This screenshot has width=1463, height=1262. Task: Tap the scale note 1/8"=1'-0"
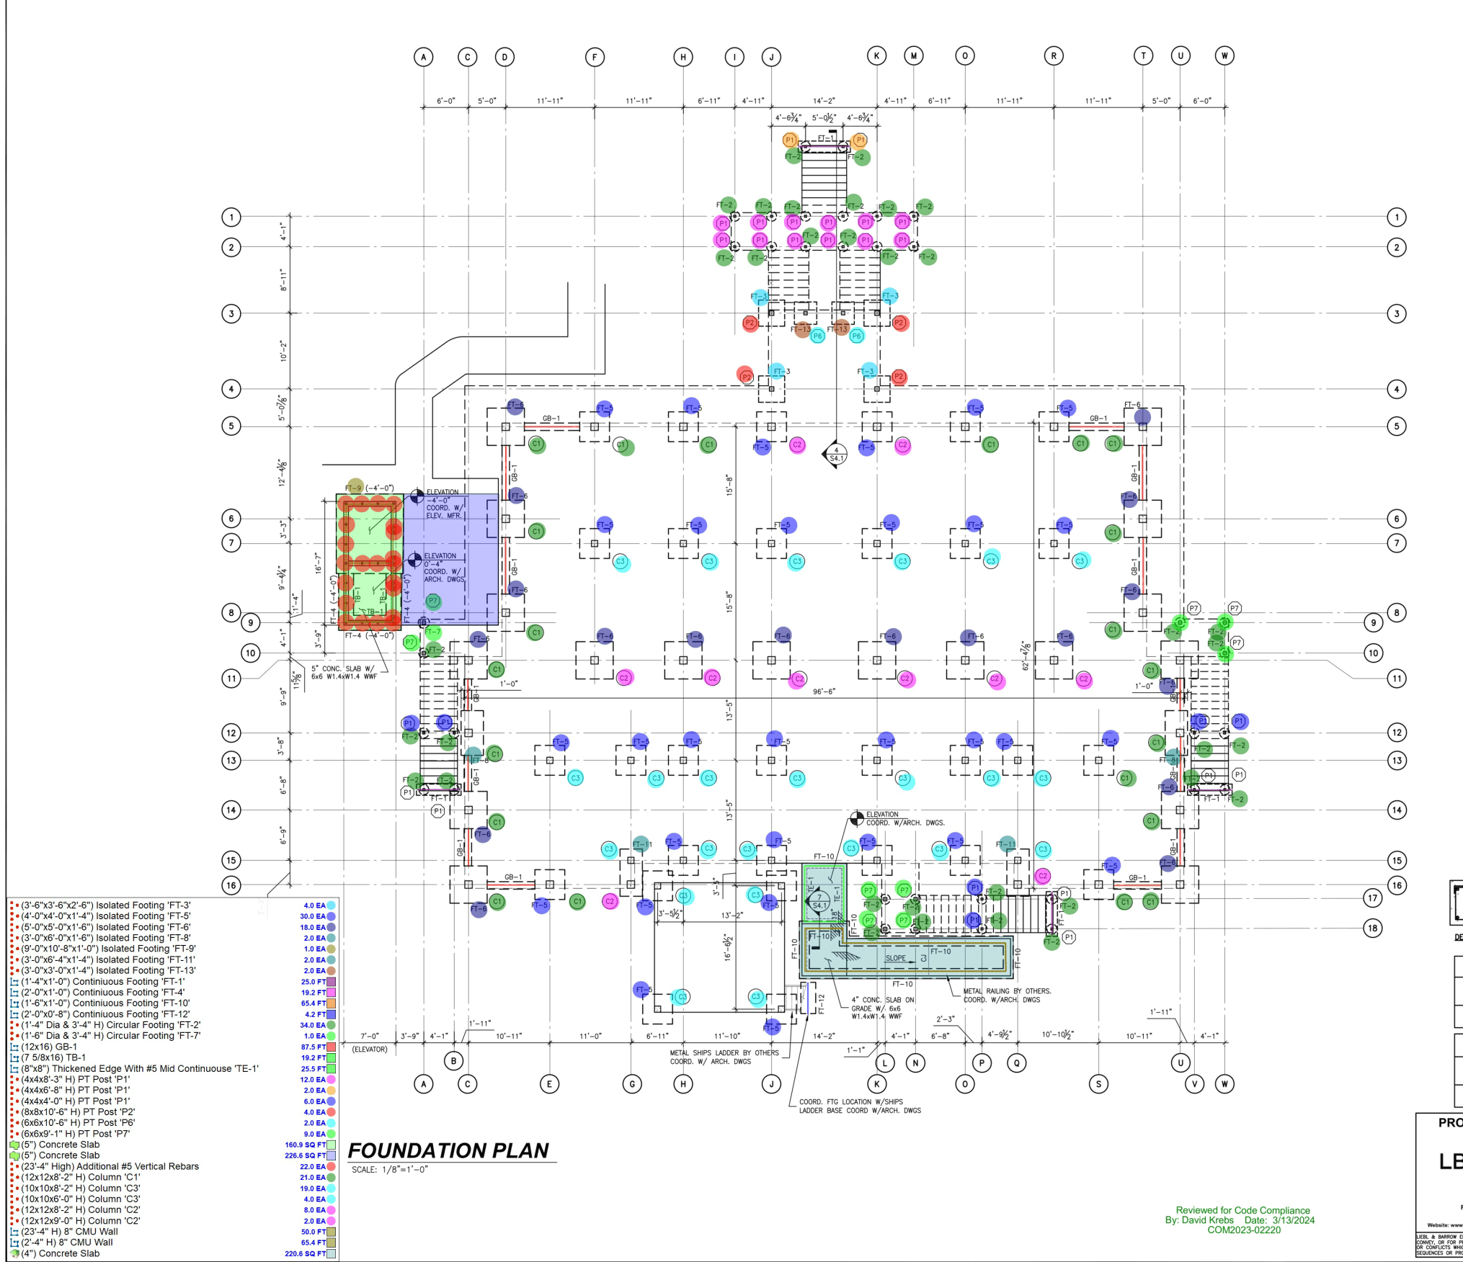(x=390, y=1170)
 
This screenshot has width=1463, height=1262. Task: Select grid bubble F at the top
(x=595, y=57)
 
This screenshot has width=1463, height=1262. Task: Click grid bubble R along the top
(x=1054, y=56)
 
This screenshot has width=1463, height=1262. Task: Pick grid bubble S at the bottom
(x=1098, y=1084)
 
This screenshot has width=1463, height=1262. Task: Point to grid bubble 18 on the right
(x=1373, y=928)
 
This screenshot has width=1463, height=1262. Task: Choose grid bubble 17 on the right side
(x=1373, y=898)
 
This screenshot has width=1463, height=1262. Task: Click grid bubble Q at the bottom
(x=1017, y=1062)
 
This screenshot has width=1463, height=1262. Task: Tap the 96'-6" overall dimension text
(x=824, y=692)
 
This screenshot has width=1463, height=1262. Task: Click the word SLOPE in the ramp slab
(x=896, y=958)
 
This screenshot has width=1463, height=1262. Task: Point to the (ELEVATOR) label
(x=370, y=1050)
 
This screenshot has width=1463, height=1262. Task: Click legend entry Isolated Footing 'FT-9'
(x=108, y=949)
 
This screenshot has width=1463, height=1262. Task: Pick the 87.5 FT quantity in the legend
(x=313, y=1047)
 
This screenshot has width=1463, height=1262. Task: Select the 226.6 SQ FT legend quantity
(x=305, y=1155)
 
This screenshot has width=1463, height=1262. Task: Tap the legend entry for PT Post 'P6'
(x=78, y=1122)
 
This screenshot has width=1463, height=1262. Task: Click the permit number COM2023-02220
(x=1244, y=1230)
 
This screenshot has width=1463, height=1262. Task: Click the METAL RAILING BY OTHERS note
(x=1007, y=991)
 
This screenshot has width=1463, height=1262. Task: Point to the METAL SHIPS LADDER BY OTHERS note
(x=724, y=1053)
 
